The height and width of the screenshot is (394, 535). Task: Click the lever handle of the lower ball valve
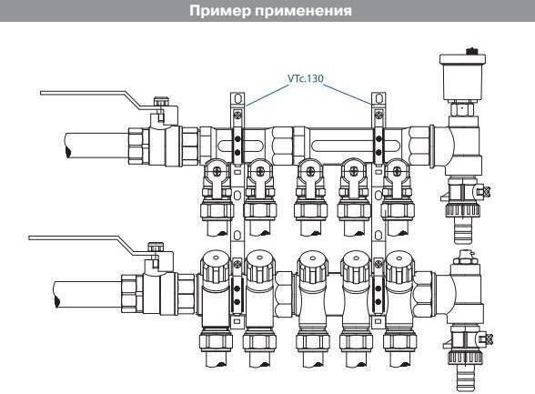coord(82,239)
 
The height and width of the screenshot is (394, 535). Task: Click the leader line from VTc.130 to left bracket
coord(264,90)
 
